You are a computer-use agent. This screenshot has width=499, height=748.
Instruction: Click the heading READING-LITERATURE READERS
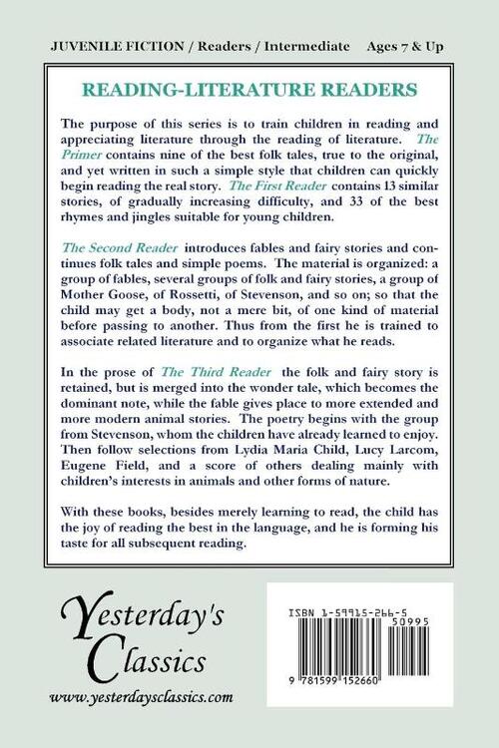click(249, 89)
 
